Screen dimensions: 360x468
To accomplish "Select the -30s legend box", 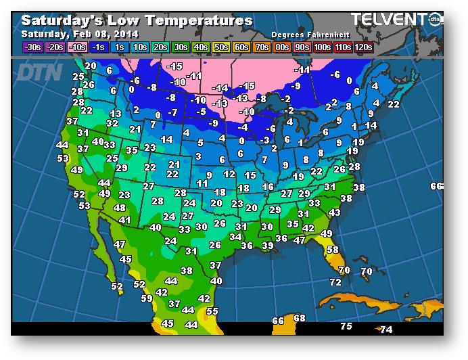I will click(x=32, y=47).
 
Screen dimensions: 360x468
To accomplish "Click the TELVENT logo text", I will click(x=387, y=19).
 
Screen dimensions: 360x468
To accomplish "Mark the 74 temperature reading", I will click(x=385, y=330).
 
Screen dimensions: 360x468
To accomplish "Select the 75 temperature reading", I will click(x=346, y=327).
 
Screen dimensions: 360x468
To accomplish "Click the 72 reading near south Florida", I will click(x=335, y=282).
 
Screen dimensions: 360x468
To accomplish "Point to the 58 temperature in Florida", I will click(x=333, y=250).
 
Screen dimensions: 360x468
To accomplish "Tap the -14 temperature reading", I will click(x=220, y=88).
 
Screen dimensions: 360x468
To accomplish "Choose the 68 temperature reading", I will click(x=300, y=318).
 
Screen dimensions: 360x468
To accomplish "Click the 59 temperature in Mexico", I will click(x=147, y=298).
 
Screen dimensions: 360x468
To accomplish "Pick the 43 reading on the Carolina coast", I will click(x=334, y=212).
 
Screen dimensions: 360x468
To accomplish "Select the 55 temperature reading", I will click(x=212, y=311).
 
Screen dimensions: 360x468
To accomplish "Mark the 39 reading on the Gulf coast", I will click(x=267, y=246).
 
